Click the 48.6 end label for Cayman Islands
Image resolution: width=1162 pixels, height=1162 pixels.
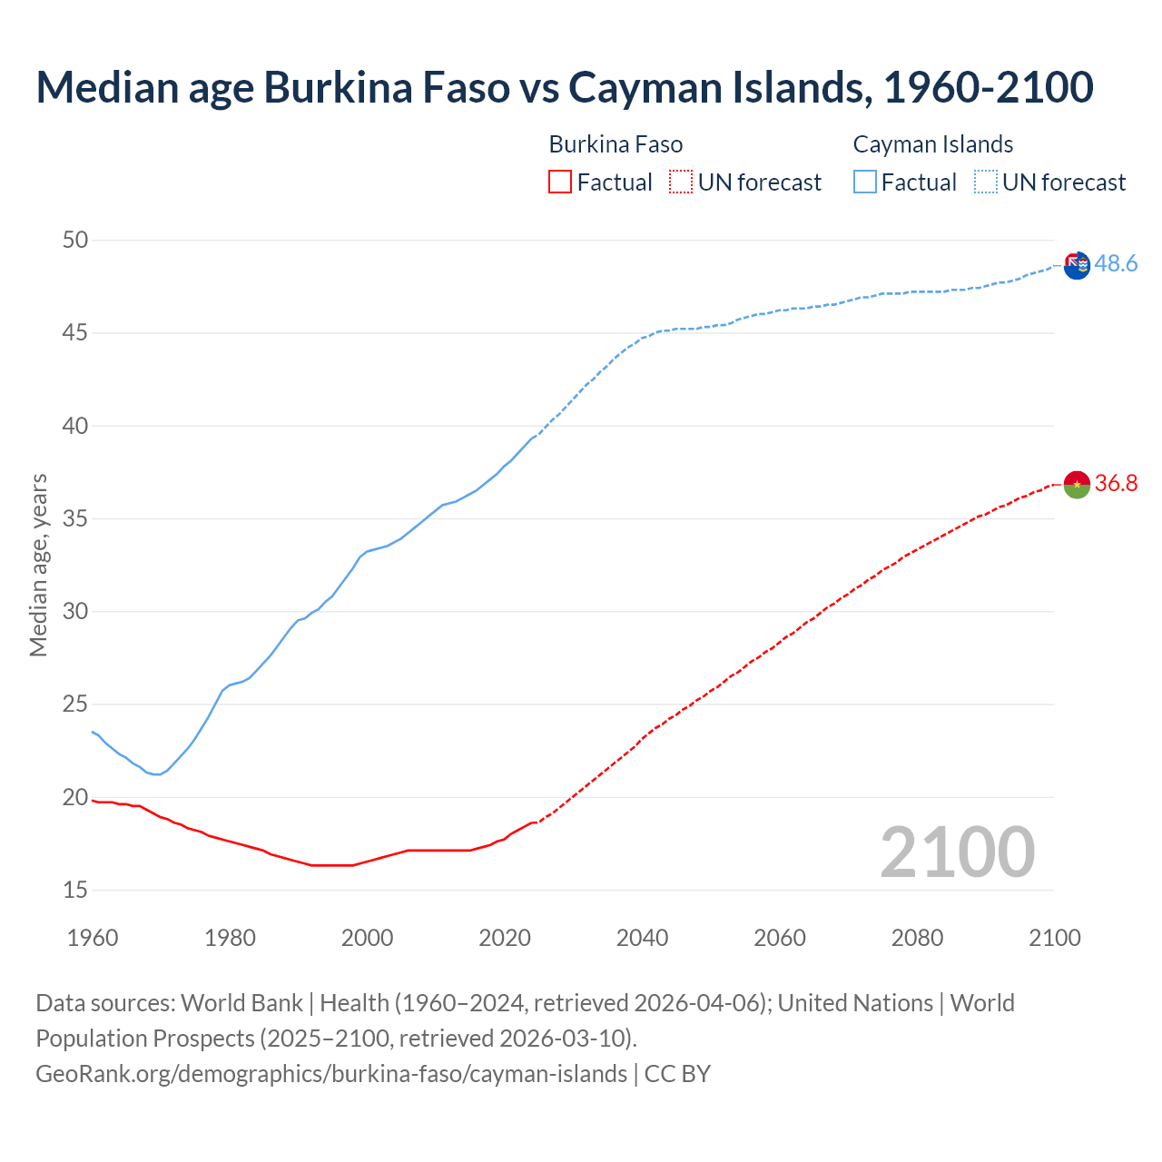point(1116,264)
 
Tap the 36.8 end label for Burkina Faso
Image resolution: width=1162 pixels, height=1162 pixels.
point(1116,484)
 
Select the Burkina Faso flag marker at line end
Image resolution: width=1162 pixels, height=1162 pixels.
point(1077,485)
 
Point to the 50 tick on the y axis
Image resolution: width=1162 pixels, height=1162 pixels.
point(75,241)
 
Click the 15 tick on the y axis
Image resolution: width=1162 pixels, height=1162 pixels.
point(75,891)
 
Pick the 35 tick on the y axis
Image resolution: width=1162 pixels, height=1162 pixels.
point(75,519)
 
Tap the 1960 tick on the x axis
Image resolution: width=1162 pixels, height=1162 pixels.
point(93,938)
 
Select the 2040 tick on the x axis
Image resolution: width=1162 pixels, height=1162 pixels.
point(642,938)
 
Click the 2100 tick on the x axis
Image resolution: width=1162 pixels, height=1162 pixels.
point(1054,938)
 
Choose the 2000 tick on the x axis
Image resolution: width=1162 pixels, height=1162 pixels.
point(367,938)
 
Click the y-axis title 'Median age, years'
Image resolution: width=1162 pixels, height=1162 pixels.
point(38,565)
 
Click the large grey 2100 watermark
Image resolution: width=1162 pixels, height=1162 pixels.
point(957,852)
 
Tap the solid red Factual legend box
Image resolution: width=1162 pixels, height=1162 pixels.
point(560,182)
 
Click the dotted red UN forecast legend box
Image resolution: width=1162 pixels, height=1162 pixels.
point(681,182)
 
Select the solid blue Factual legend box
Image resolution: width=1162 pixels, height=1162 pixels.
point(864,182)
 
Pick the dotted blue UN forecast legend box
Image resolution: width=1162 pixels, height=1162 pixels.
point(985,182)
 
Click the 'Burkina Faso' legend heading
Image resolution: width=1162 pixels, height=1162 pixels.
point(615,145)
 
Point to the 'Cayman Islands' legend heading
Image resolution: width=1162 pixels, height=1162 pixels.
point(932,145)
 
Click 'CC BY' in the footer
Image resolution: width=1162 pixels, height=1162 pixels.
point(677,1074)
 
